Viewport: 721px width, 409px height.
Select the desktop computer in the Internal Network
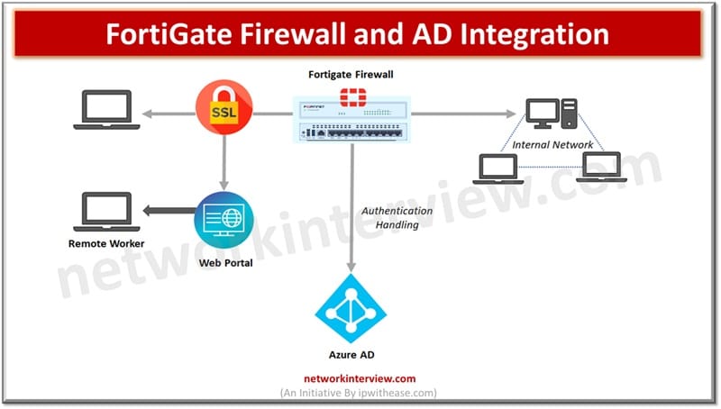[x=549, y=113]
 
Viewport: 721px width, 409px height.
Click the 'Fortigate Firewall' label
[x=351, y=73]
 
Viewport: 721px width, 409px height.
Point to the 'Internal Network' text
[x=552, y=144]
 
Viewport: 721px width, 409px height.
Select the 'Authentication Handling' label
[x=397, y=217]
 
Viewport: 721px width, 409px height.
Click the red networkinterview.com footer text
[x=351, y=379]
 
